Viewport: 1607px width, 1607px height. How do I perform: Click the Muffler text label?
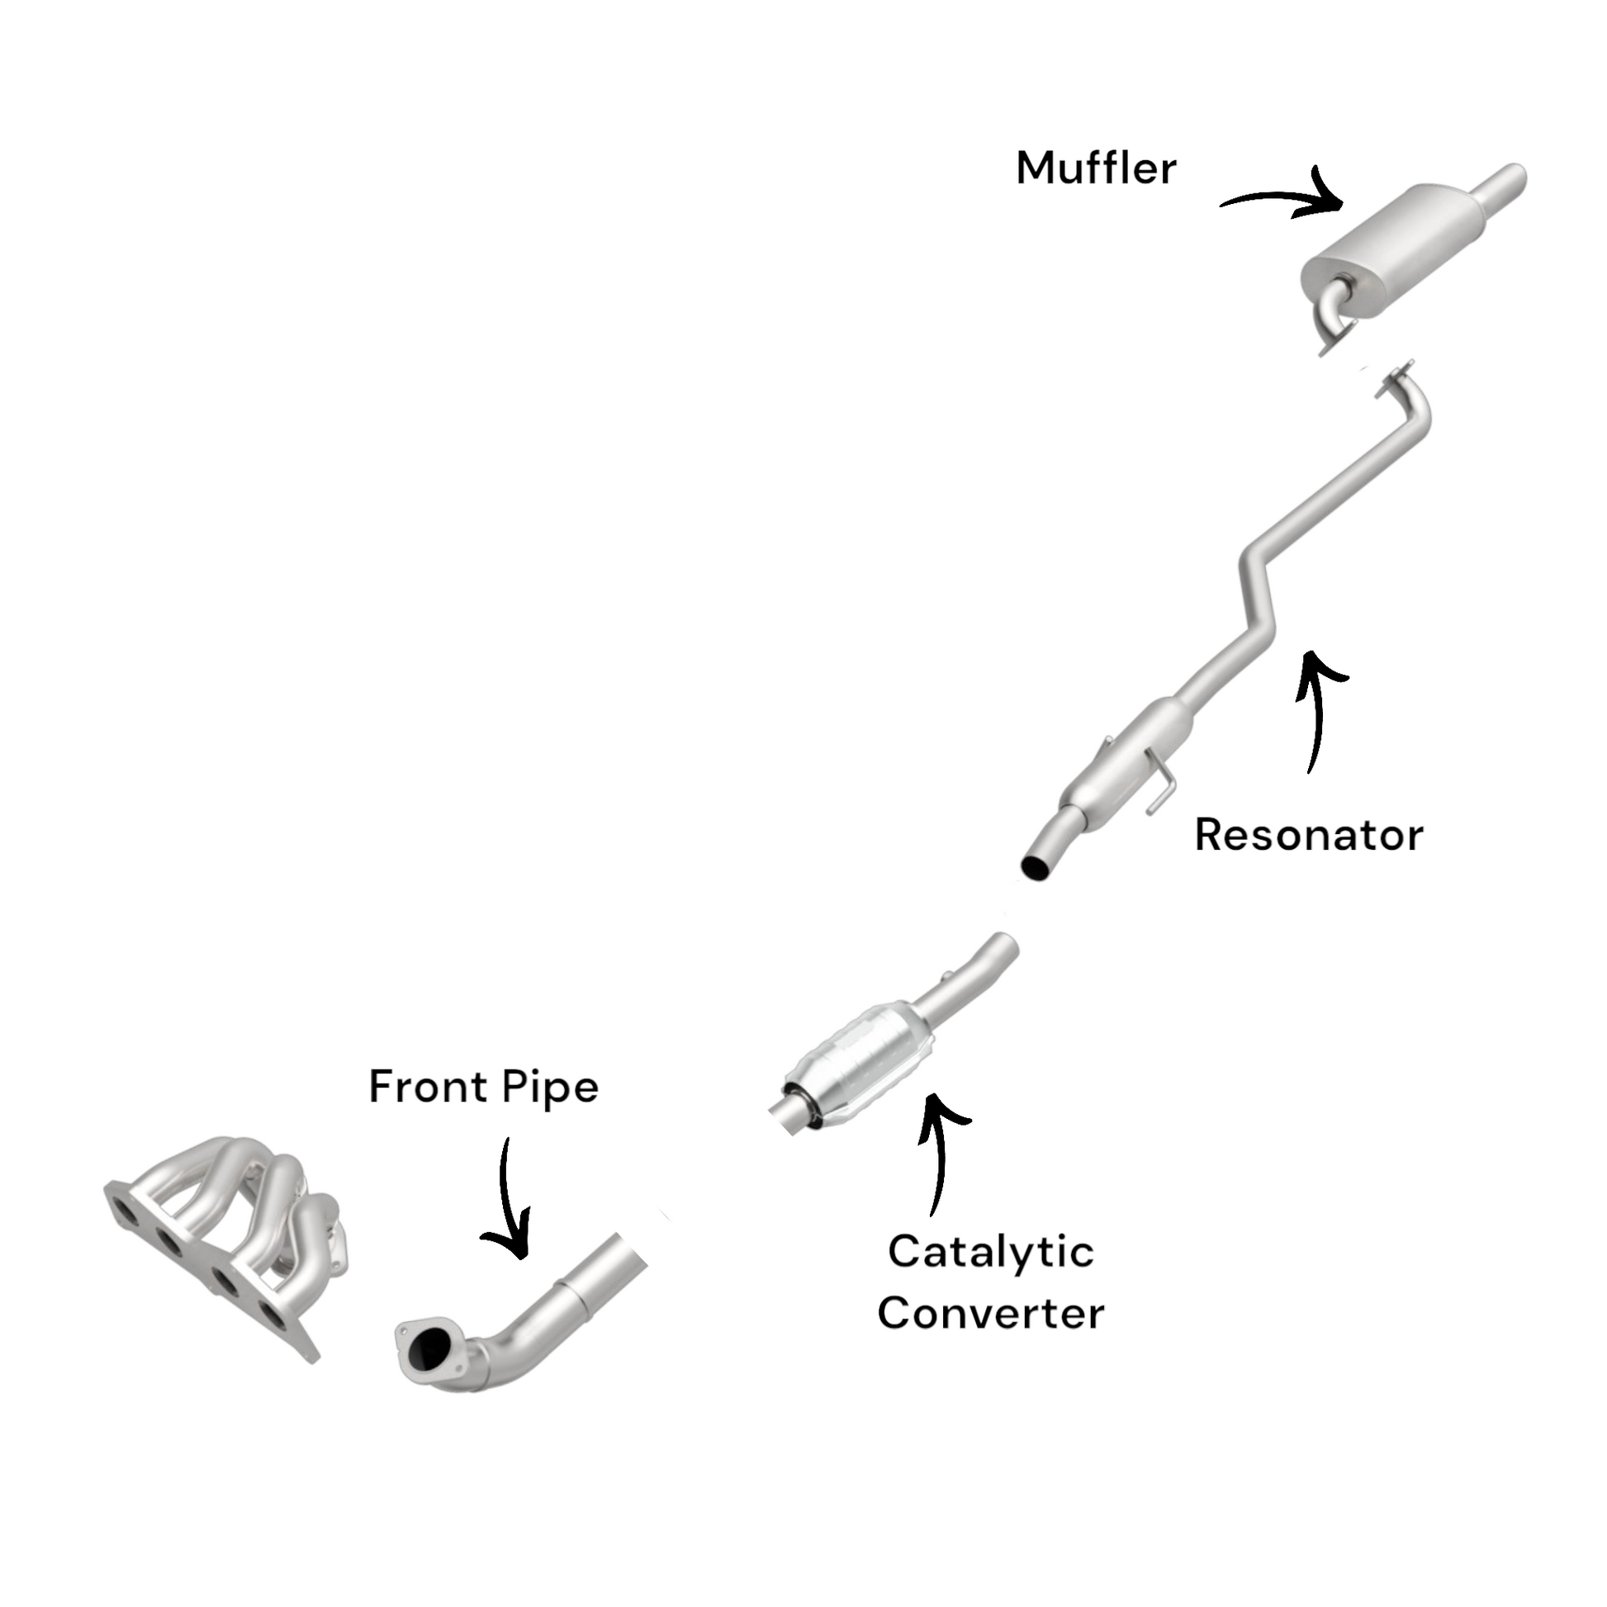pos(1096,168)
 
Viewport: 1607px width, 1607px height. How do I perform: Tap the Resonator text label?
pos(1308,835)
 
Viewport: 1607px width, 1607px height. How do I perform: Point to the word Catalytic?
pos(990,1252)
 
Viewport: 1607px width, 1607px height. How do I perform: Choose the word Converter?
pos(990,1313)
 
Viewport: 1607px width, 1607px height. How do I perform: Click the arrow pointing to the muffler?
pos(1285,198)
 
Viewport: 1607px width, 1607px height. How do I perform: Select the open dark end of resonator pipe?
pos(1036,867)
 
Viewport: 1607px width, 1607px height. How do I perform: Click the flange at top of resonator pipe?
pos(1395,379)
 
